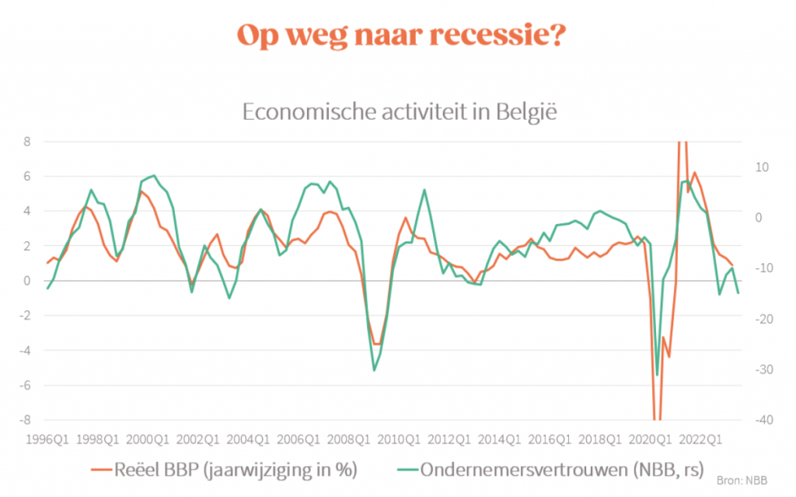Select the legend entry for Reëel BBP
point(226,469)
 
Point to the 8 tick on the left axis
point(27,142)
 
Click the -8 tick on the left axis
point(25,420)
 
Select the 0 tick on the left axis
point(27,281)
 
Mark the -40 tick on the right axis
point(763,420)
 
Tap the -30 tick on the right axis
point(763,369)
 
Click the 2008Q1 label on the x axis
point(347,439)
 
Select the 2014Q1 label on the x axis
point(499,439)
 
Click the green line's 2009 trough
point(374,370)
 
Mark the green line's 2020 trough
point(657,376)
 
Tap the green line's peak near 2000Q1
point(154,176)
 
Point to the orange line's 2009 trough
point(375,344)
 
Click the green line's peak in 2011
point(424,190)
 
